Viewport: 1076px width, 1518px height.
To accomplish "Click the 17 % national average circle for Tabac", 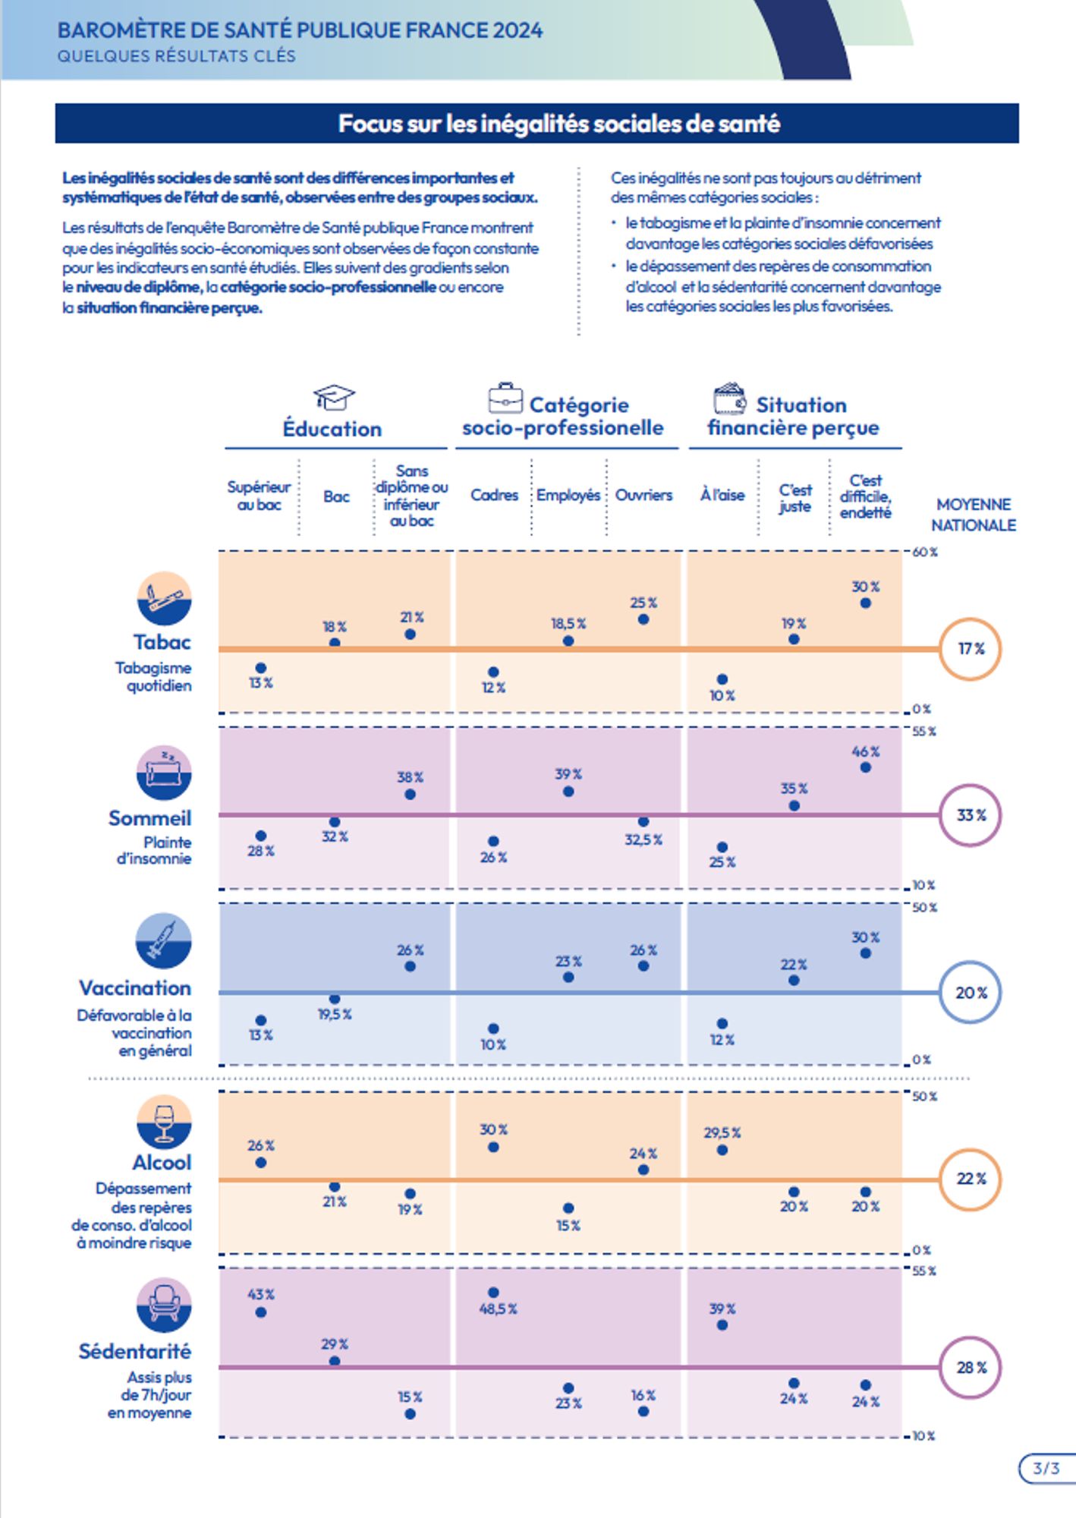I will (x=970, y=649).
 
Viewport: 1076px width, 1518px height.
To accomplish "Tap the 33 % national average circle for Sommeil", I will (x=970, y=815).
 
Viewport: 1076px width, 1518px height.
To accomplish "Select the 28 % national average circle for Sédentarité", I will (x=970, y=1367).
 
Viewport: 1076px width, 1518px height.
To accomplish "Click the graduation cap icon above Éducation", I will (x=333, y=397).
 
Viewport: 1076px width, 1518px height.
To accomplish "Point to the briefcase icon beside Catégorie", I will (x=505, y=398).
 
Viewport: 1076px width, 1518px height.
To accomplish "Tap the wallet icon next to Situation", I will (x=730, y=398).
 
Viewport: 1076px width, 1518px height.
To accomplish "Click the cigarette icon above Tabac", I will (x=164, y=598).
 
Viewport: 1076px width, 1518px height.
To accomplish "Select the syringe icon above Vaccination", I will (x=164, y=940).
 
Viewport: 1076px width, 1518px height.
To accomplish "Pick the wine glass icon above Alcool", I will (x=164, y=1122).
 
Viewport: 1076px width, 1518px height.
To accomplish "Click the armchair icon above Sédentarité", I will (x=164, y=1305).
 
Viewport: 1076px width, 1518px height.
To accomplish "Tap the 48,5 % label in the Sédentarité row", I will (x=498, y=1309).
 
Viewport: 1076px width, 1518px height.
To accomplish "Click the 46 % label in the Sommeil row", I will (x=865, y=751).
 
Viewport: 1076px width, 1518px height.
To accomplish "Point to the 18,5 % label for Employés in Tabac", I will (x=568, y=623).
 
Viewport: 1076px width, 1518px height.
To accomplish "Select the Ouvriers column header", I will (x=643, y=495).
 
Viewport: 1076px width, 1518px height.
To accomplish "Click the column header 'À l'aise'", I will (x=722, y=495).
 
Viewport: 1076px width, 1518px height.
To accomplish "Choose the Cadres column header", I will (x=494, y=495).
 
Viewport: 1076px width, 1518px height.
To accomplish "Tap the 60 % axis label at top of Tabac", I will (x=924, y=552).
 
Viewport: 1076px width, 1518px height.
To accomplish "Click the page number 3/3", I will (x=1046, y=1468).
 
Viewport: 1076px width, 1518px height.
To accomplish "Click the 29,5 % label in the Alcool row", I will (x=722, y=1132).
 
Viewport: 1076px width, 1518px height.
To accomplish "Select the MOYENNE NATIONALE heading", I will (x=974, y=515).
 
